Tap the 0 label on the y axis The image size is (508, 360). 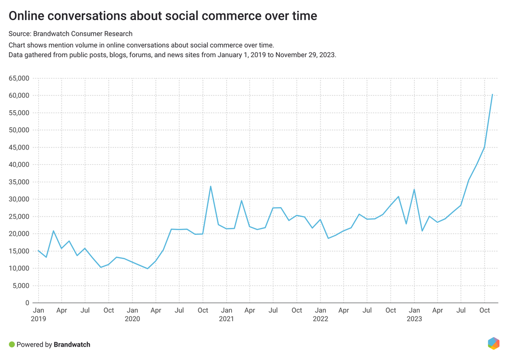pyautogui.click(x=28, y=303)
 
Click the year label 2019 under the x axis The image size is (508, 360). pyautogui.click(x=38, y=319)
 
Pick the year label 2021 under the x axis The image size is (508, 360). pyautogui.click(x=226, y=319)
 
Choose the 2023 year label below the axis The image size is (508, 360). pyautogui.click(x=414, y=319)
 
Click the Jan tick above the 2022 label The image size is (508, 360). pyautogui.click(x=320, y=310)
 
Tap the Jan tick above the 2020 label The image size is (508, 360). pyautogui.click(x=132, y=310)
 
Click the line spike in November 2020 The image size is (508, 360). pyautogui.click(x=211, y=186)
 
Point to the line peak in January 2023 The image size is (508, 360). pyautogui.click(x=414, y=189)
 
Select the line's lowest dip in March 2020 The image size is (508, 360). pyautogui.click(x=147, y=269)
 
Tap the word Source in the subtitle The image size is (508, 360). pyautogui.click(x=19, y=34)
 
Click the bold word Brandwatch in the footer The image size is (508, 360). pyautogui.click(x=72, y=345)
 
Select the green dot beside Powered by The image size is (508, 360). pyautogui.click(x=12, y=345)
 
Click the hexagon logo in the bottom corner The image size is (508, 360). pyautogui.click(x=494, y=343)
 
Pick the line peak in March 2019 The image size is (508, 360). pyautogui.click(x=54, y=231)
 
